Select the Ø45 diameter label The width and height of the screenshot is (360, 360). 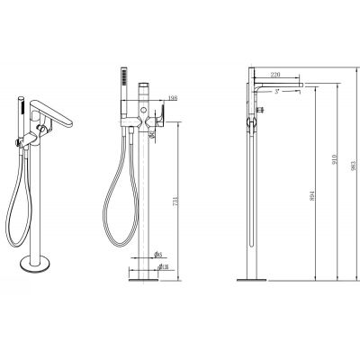157,255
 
